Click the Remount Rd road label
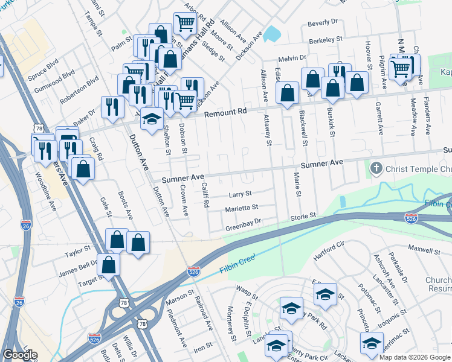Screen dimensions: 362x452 [x=226, y=113]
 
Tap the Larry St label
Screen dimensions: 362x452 [x=240, y=194]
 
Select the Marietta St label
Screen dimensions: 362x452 [x=242, y=206]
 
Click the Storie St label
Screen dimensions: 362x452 [x=303, y=215]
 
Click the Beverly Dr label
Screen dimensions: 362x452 [x=322, y=22]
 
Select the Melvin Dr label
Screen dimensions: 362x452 [x=293, y=59]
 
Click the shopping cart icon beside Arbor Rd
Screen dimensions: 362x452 [x=184, y=24]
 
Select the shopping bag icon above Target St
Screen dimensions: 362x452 [x=109, y=264]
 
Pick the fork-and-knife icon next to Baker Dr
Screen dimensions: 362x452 [x=112, y=106]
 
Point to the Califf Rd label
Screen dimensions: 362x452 [x=205, y=195]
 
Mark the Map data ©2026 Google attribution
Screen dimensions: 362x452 [x=414, y=357]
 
